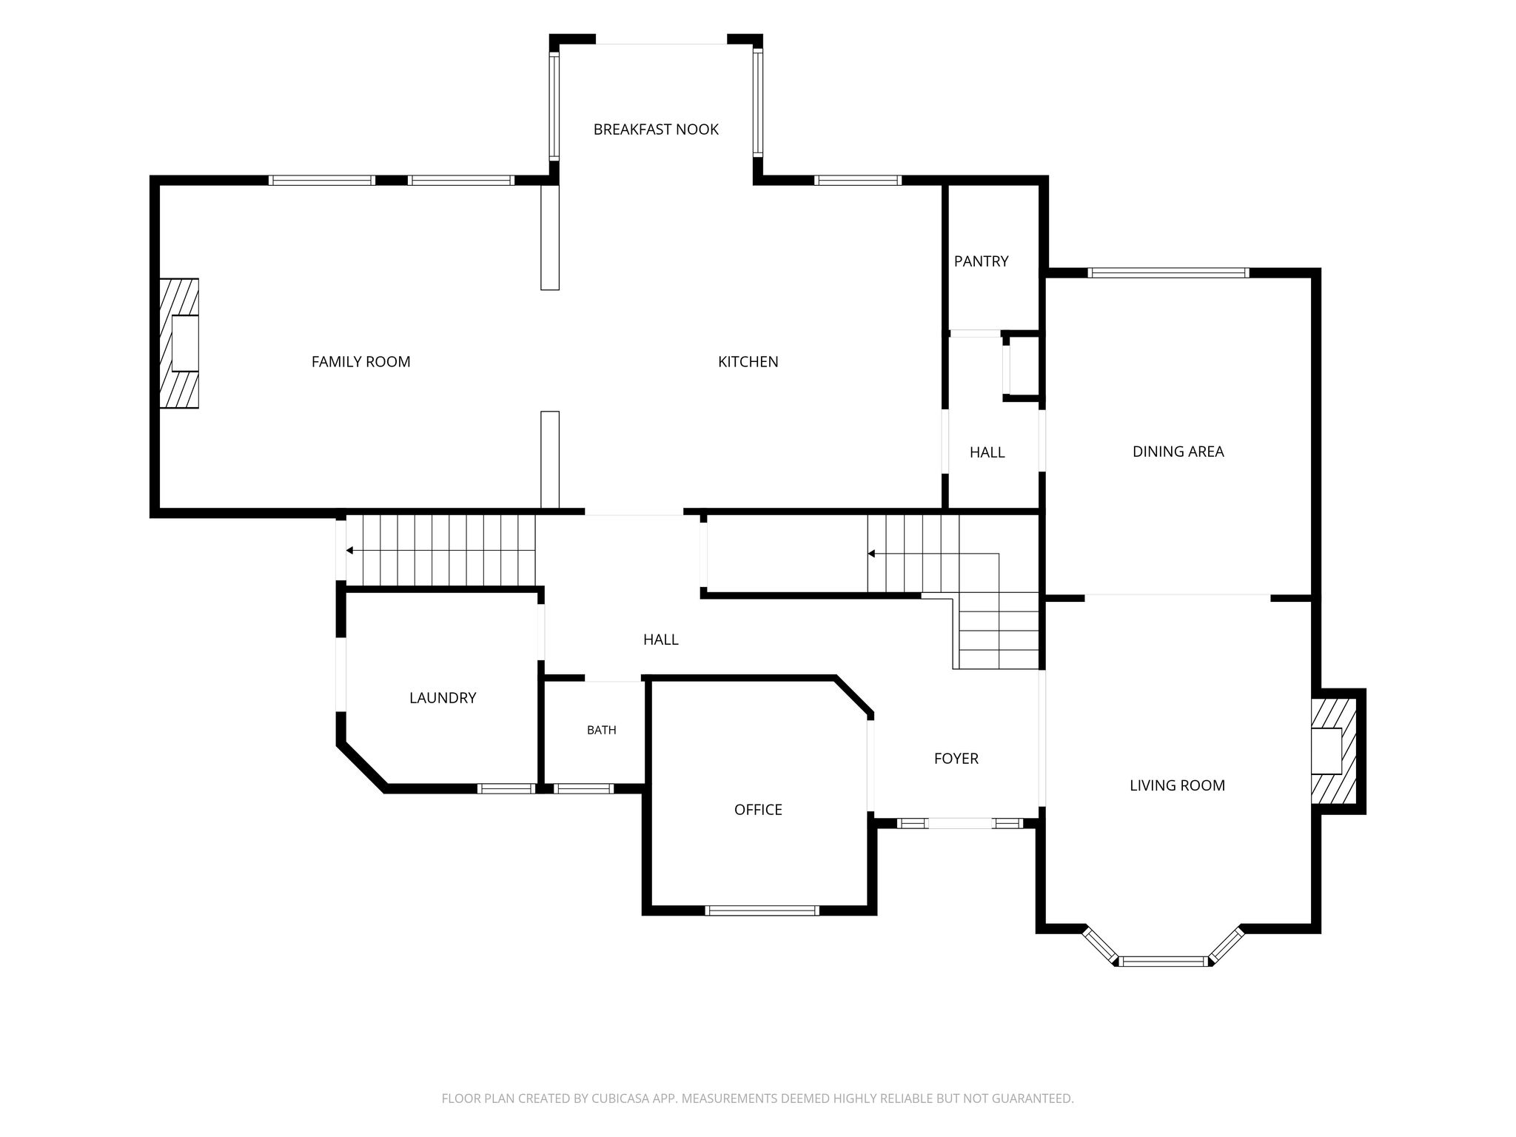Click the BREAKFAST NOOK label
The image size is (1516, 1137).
pyautogui.click(x=656, y=130)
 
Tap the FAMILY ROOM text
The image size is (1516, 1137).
pyautogui.click(x=360, y=362)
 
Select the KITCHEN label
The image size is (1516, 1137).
pyautogui.click(x=748, y=362)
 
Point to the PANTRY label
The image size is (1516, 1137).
pyautogui.click(x=981, y=261)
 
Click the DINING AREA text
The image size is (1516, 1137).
pyautogui.click(x=1178, y=452)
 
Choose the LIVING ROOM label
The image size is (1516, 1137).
pyautogui.click(x=1177, y=785)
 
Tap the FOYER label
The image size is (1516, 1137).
pyautogui.click(x=956, y=759)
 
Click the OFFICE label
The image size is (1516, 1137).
pyautogui.click(x=758, y=810)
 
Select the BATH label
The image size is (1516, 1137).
pyautogui.click(x=601, y=731)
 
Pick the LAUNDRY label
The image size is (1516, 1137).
pyautogui.click(x=443, y=698)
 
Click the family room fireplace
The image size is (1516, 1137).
pyautogui.click(x=179, y=343)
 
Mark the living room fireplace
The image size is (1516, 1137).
pyautogui.click(x=1334, y=751)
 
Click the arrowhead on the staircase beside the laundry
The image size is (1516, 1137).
pyautogui.click(x=349, y=551)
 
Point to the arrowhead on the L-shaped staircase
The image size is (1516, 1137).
pyautogui.click(x=871, y=554)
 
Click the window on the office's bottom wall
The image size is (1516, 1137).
pyautogui.click(x=762, y=910)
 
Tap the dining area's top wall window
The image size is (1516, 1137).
pyautogui.click(x=1168, y=273)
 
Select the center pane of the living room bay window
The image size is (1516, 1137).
pyautogui.click(x=1164, y=962)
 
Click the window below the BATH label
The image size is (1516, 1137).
pyautogui.click(x=583, y=789)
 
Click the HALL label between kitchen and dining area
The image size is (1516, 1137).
pyautogui.click(x=987, y=452)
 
